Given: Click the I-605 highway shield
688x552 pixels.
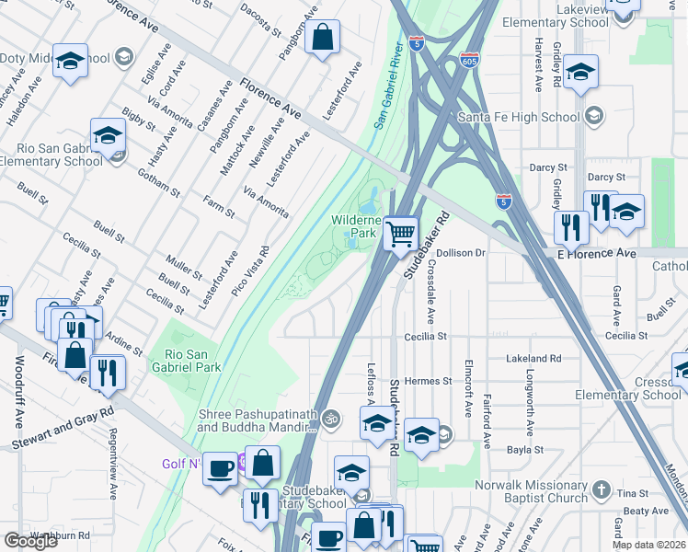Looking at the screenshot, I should pos(469,59).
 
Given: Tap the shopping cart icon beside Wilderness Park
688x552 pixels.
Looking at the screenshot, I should pos(400,234).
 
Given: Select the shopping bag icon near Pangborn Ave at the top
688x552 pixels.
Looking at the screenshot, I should pos(323,39).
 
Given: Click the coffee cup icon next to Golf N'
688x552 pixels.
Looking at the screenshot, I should pos(220,468).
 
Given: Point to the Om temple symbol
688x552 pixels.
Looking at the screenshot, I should pos(331,419).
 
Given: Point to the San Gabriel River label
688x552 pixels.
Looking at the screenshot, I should pos(390,83).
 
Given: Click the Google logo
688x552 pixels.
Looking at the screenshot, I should pos(30,540).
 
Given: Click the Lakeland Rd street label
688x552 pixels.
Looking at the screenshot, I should pos(533,358).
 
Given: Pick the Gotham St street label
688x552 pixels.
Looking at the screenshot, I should pos(163,175).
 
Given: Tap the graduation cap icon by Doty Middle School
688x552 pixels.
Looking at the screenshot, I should pos(70,62).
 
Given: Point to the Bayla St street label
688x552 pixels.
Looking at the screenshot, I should pos(526,450).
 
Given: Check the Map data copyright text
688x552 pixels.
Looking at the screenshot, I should pos(648,544).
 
